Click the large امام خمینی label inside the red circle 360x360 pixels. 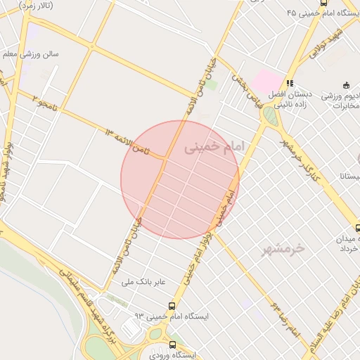217,148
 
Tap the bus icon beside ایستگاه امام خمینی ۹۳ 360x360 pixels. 172,306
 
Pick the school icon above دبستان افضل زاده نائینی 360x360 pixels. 290,83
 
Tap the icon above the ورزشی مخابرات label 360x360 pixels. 346,84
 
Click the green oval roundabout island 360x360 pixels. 271,117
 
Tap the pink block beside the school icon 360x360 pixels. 266,80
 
